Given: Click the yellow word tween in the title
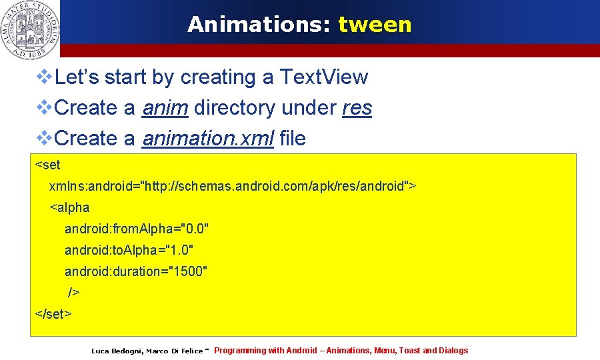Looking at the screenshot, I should (x=375, y=25).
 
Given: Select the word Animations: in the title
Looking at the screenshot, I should (x=259, y=25).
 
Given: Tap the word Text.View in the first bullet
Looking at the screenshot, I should (x=323, y=77).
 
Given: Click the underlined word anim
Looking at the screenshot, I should (x=165, y=108).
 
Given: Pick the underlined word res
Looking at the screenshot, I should (x=357, y=108).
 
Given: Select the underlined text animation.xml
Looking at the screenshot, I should (x=208, y=139).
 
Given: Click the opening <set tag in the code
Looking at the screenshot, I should (x=47, y=165).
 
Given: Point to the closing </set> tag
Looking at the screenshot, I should (x=53, y=313).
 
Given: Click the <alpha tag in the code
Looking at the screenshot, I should (x=69, y=207).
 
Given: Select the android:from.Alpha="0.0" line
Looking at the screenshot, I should (x=137, y=229).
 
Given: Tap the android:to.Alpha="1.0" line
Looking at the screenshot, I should (x=129, y=250).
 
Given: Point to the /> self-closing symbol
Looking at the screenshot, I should (x=73, y=293).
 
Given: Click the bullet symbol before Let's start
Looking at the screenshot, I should (x=44, y=77).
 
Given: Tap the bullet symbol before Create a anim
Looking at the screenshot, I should (x=44, y=108).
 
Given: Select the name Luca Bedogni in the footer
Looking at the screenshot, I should (x=116, y=351).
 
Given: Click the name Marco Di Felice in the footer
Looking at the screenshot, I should (x=174, y=351).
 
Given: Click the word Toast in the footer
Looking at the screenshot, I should (x=409, y=351).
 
